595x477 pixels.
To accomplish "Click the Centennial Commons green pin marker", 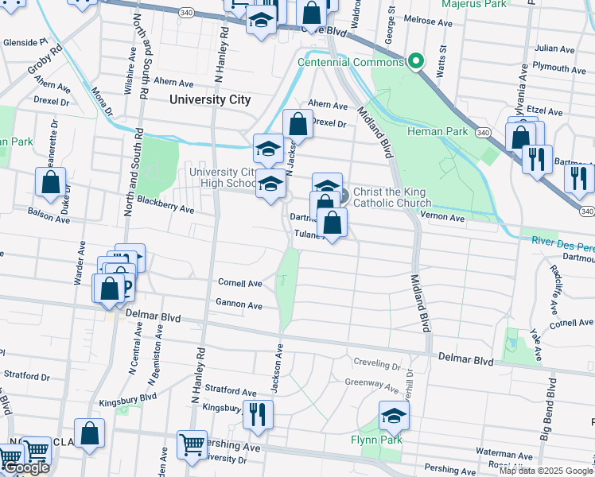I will click(x=415, y=62).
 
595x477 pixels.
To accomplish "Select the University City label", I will click(x=210, y=100).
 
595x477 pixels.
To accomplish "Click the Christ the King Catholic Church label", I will click(x=392, y=198).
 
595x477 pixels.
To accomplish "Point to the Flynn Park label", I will click(x=377, y=440).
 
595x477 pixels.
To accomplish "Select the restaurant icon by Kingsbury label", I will click(x=257, y=415).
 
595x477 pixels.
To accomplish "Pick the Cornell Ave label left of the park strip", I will click(x=240, y=283).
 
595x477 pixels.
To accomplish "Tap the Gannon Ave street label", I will click(x=239, y=304).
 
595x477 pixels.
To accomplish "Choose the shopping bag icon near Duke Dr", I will click(x=50, y=183).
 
